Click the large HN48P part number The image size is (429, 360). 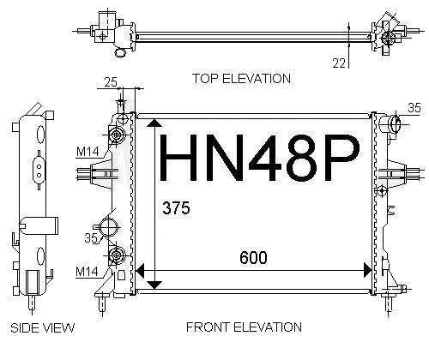259,158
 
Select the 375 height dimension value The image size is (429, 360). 176,207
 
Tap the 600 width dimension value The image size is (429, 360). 253,257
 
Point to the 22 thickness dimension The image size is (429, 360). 339,63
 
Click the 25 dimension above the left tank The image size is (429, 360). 111,82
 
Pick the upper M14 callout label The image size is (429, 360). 88,152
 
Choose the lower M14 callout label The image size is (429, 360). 87,272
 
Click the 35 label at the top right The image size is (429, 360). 414,108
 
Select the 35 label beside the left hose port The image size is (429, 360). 91,237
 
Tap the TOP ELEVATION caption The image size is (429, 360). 242,79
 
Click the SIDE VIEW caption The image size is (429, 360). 42,327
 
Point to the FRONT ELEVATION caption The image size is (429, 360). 244,327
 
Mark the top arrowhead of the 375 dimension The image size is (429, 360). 154,123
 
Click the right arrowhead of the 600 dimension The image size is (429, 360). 367,270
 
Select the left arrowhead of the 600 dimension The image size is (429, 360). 140,270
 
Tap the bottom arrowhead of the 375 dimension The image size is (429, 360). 154,285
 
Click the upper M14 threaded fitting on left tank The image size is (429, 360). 117,135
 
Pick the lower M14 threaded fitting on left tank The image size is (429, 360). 117,255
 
